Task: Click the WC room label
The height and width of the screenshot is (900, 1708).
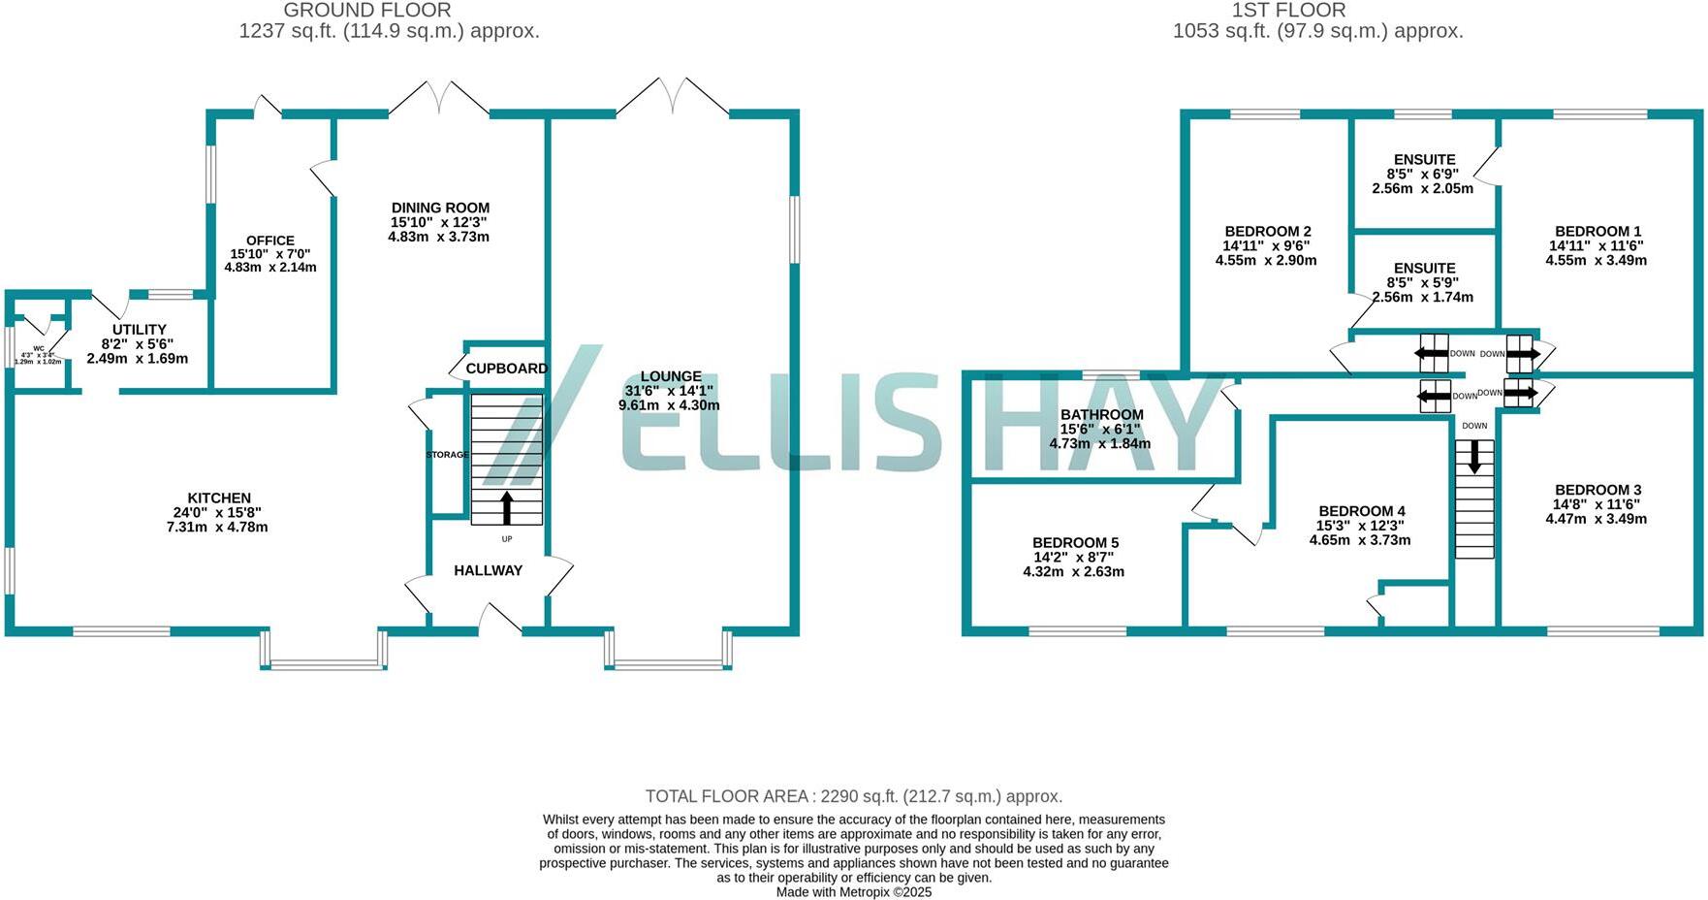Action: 39,348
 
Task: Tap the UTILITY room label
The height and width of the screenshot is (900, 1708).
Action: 140,330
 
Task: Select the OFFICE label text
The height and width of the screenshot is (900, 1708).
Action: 270,241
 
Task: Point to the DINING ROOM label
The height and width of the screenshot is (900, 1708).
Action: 440,208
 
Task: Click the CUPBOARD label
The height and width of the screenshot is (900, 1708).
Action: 506,369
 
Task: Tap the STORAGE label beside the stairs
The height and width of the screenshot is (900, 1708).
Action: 447,455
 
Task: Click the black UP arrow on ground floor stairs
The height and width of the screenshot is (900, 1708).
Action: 506,507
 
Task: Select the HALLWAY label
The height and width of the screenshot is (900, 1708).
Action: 488,570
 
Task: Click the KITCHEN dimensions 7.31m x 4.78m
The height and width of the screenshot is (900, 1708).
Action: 217,528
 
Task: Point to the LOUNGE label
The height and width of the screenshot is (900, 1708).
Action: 671,376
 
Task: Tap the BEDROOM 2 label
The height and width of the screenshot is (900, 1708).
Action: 1268,231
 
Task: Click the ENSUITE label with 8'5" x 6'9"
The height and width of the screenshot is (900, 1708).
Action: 1424,159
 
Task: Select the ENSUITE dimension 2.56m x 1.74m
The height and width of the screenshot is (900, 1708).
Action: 1423,297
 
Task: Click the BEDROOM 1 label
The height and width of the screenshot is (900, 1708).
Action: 1597,231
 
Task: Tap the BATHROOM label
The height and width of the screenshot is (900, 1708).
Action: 1101,414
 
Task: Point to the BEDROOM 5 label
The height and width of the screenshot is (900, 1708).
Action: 1075,542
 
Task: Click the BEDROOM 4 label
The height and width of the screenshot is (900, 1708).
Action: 1361,511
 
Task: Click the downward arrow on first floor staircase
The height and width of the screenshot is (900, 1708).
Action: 1474,456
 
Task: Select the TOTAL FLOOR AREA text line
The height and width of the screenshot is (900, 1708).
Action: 854,796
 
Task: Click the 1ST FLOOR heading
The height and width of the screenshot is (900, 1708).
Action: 1288,11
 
